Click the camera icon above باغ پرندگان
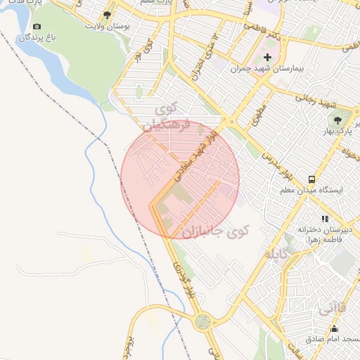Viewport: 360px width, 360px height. click(x=37, y=27)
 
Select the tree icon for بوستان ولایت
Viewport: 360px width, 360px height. click(x=107, y=14)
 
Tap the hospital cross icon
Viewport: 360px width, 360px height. click(x=267, y=57)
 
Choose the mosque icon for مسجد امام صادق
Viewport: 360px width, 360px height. click(x=334, y=329)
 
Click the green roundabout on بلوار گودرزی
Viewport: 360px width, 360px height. click(x=203, y=322)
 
